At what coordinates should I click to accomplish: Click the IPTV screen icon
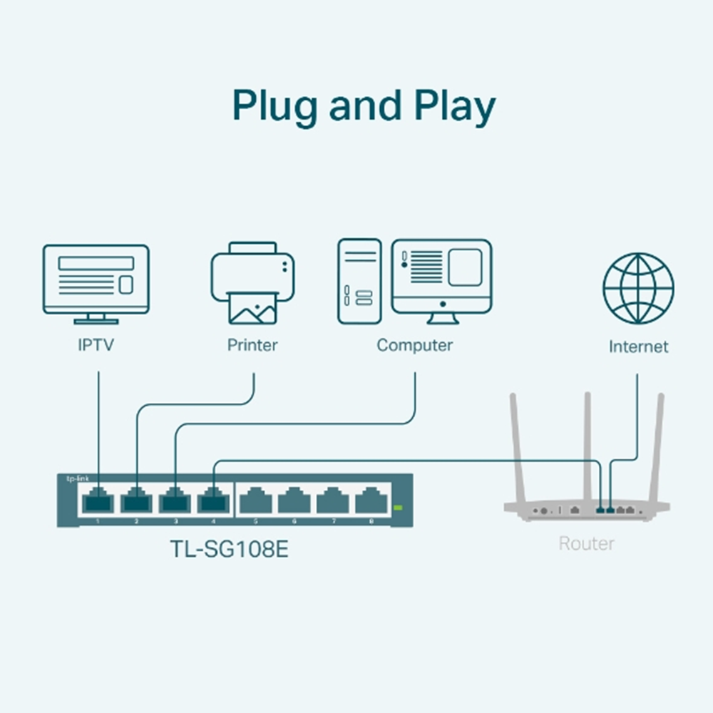(96, 280)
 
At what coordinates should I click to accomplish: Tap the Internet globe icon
(638, 288)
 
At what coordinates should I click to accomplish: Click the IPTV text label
(96, 346)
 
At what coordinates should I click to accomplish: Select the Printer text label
(252, 346)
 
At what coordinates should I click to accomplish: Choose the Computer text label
(414, 346)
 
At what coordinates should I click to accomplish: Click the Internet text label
(638, 347)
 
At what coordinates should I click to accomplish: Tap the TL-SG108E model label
(229, 550)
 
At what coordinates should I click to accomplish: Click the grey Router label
(586, 544)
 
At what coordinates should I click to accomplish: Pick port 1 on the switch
(98, 501)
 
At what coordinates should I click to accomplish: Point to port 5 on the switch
(256, 501)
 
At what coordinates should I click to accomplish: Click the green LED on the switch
(398, 507)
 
